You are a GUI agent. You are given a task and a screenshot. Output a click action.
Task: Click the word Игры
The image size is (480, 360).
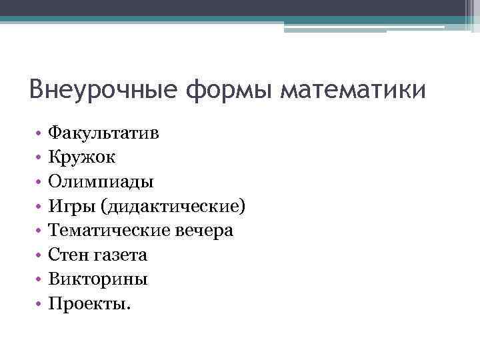click(x=71, y=206)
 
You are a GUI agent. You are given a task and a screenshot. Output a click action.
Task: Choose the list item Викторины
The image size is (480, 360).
click(x=99, y=279)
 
